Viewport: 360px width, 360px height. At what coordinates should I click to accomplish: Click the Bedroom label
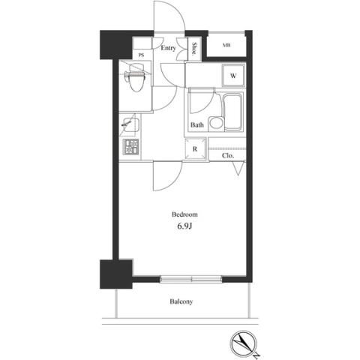pyautogui.click(x=184, y=214)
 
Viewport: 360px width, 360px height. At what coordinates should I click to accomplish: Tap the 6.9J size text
pyautogui.click(x=184, y=226)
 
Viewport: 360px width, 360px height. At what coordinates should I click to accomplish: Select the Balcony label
pyautogui.click(x=181, y=301)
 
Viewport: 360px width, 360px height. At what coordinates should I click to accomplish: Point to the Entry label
pyautogui.click(x=168, y=48)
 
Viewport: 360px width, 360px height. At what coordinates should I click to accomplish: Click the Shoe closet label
pyautogui.click(x=194, y=49)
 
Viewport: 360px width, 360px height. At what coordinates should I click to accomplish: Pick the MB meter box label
pyautogui.click(x=226, y=46)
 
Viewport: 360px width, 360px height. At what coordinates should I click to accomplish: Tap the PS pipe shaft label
pyautogui.click(x=141, y=55)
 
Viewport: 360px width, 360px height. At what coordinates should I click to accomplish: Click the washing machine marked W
pyautogui.click(x=233, y=76)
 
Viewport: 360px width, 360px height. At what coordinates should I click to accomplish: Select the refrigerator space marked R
pyautogui.click(x=195, y=149)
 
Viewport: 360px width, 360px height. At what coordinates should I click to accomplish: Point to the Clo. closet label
pyautogui.click(x=228, y=156)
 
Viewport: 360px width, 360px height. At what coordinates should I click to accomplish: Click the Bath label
pyautogui.click(x=197, y=124)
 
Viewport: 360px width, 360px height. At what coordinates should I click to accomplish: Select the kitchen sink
pyautogui.click(x=130, y=125)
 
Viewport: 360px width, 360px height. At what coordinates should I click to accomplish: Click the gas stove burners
pyautogui.click(x=130, y=147)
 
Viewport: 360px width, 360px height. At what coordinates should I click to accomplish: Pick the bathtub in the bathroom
pyautogui.click(x=233, y=112)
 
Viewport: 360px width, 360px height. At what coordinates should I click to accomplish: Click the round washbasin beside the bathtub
pyautogui.click(x=215, y=123)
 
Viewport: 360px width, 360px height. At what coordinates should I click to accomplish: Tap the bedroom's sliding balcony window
pyautogui.click(x=190, y=279)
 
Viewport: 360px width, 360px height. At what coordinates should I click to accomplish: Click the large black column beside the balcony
pyautogui.click(x=116, y=274)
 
